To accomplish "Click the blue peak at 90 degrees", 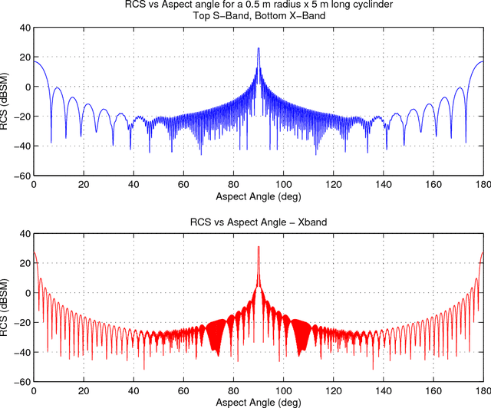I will [x=259, y=49].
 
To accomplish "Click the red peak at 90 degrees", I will [x=259, y=248].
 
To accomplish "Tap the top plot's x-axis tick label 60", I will [x=183, y=185].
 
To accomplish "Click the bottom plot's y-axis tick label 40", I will [x=23, y=234].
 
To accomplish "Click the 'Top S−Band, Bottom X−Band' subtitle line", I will [x=259, y=16].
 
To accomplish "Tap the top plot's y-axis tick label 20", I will [x=23, y=58].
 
